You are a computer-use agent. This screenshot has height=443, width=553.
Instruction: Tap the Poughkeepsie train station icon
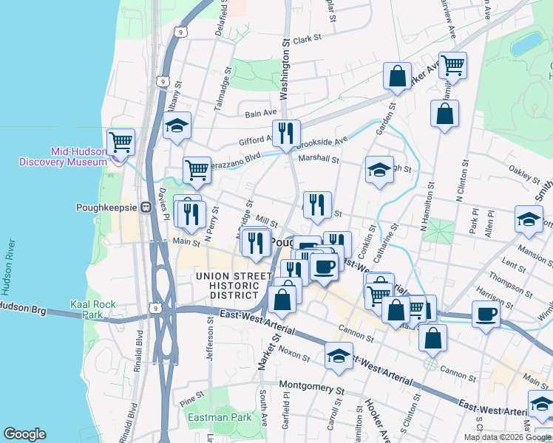pyautogui.click(x=146, y=207)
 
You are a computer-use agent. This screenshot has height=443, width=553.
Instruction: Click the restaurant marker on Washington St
pyautogui.click(x=286, y=134)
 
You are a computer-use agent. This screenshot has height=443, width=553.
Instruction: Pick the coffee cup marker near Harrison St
pyautogui.click(x=486, y=314)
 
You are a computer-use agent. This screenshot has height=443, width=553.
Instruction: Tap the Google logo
pyautogui.click(x=24, y=434)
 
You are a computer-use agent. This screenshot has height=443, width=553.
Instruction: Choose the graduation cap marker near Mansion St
pyautogui.click(x=529, y=221)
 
